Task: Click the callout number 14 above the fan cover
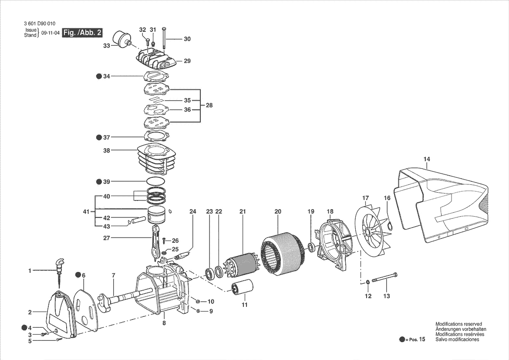tap(426, 159)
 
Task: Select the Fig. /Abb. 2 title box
tap(83, 33)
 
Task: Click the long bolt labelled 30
tap(164, 38)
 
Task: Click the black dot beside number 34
tap(99, 76)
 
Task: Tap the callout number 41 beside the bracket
tap(86, 212)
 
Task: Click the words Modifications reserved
tap(458, 324)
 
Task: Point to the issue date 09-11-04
tap(51, 33)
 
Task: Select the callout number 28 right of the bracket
tap(209, 105)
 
